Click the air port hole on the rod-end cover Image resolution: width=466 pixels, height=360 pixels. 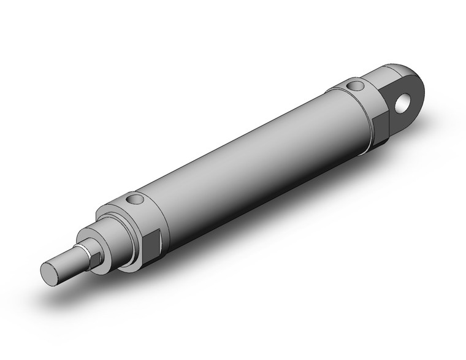tap(134, 200)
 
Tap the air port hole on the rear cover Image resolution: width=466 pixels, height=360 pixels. tap(354, 86)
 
